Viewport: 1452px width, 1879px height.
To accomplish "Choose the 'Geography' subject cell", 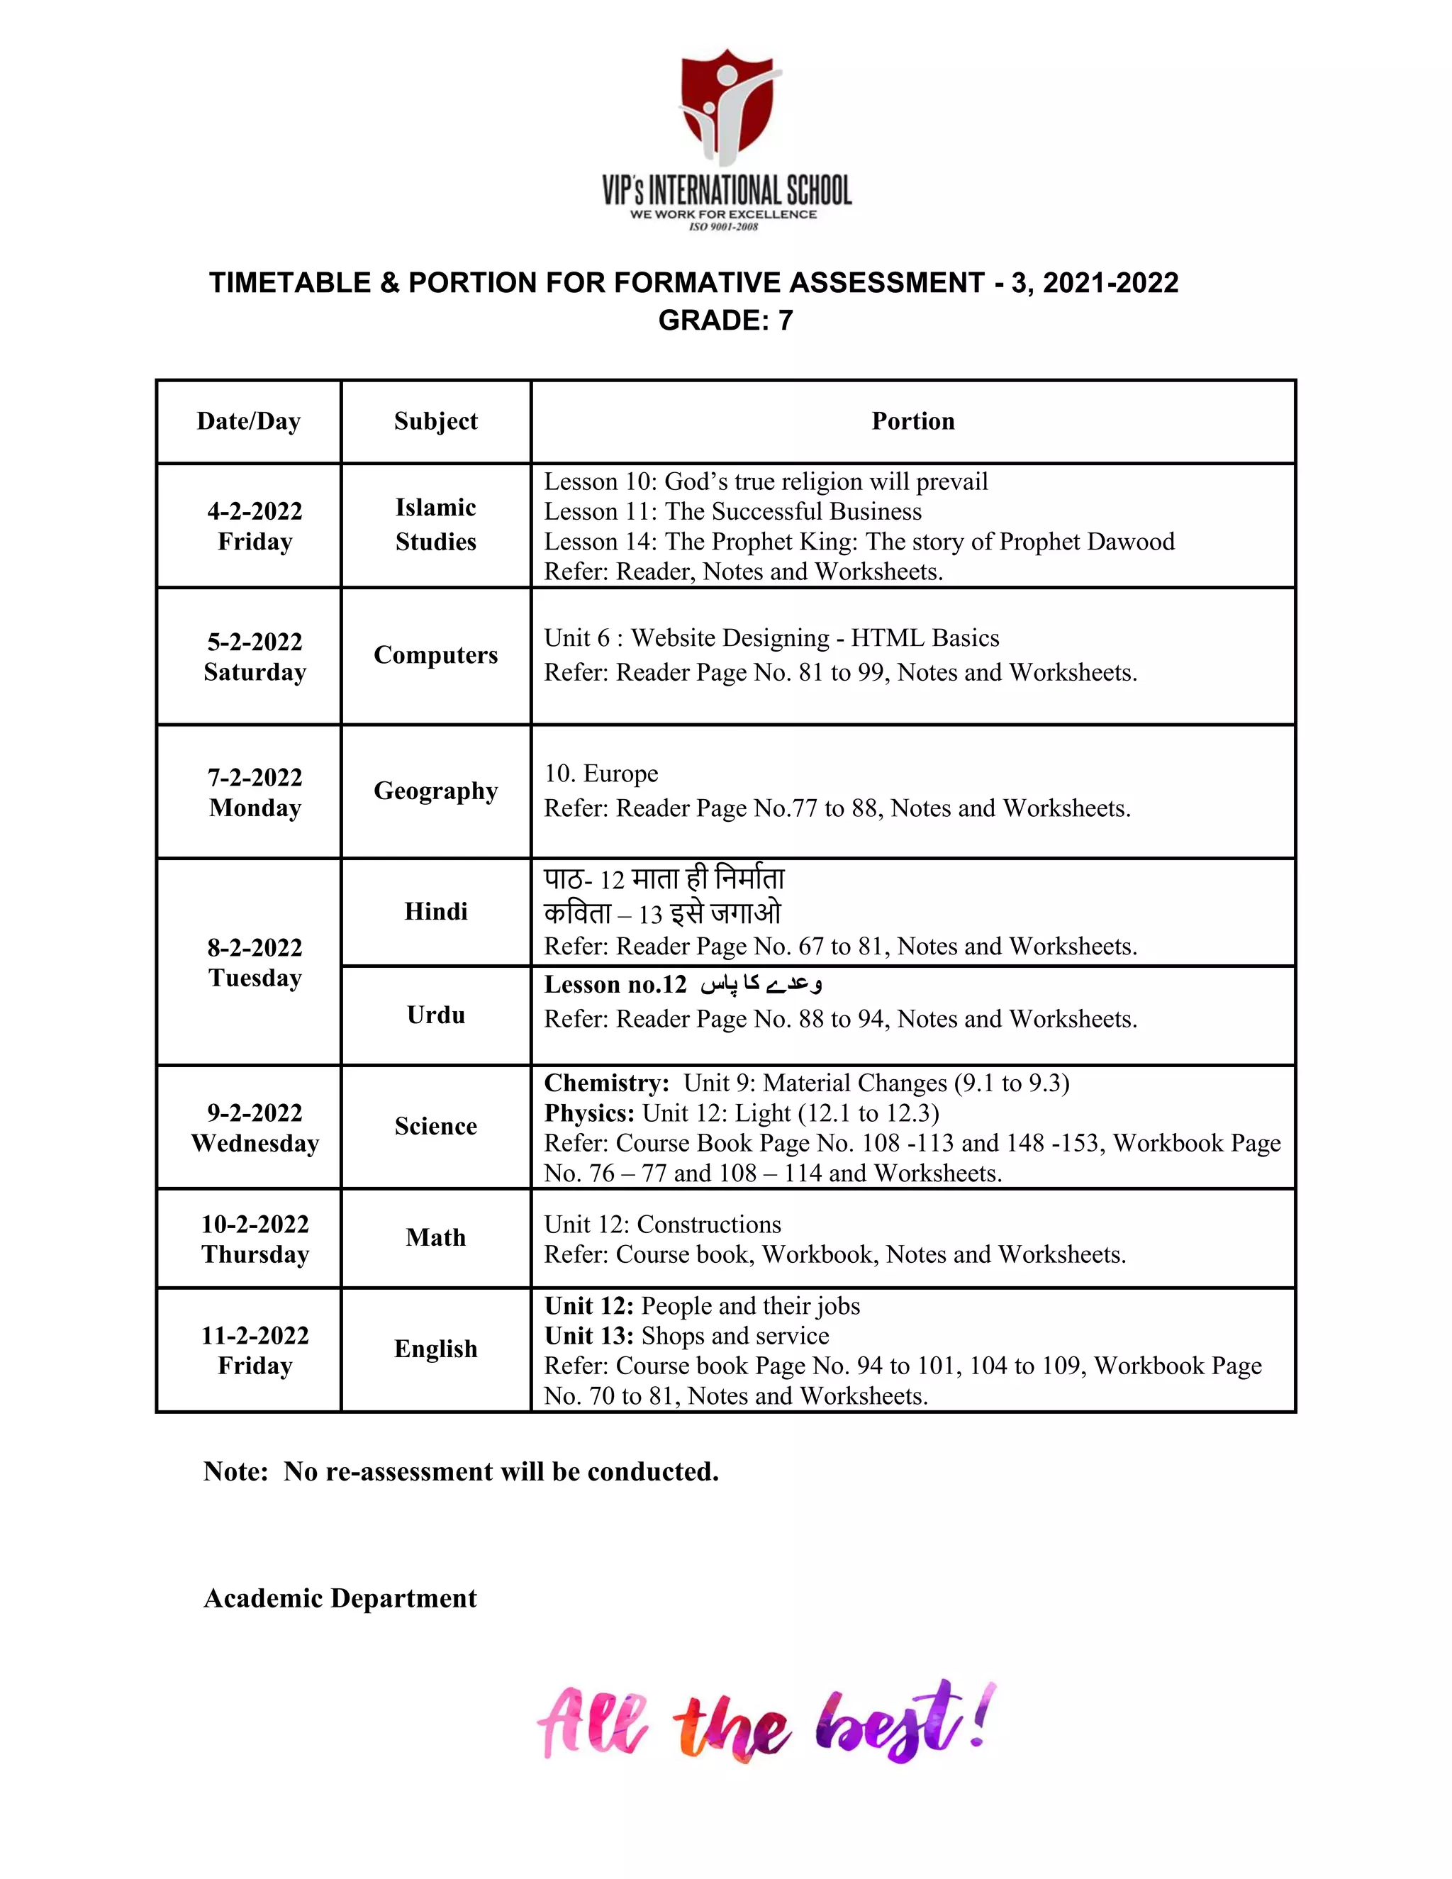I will (x=435, y=791).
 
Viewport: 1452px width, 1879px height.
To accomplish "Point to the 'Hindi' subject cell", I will (x=435, y=911).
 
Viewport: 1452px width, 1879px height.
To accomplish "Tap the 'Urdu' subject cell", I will (x=435, y=1015).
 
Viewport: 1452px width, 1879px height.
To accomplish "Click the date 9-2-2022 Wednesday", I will (x=255, y=1128).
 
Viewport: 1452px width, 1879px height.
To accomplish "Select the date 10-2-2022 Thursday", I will (x=255, y=1239).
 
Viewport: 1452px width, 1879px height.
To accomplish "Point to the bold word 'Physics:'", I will (x=589, y=1113).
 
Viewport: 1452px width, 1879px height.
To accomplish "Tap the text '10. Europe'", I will (x=601, y=774).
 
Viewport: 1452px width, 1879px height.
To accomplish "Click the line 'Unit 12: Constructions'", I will (x=662, y=1225).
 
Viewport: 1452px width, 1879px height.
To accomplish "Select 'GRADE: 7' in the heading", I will (x=725, y=320).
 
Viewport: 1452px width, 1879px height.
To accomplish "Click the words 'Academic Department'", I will (x=340, y=1598).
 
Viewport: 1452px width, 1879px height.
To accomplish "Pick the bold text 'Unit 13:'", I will (x=589, y=1336).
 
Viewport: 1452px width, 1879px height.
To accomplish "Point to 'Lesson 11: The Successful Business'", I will (x=732, y=512).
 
